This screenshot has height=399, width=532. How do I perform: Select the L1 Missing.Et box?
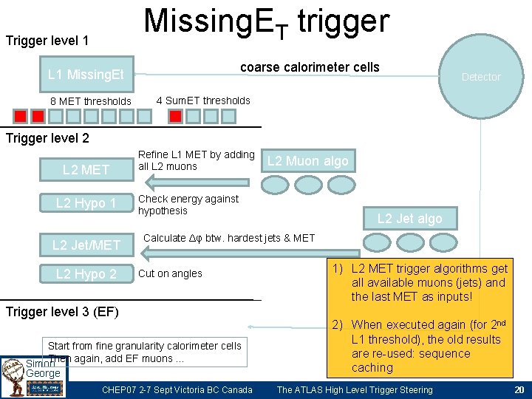86,74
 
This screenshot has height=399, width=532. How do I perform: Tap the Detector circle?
481,76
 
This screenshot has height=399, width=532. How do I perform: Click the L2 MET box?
86,170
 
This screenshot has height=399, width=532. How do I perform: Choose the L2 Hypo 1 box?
86,203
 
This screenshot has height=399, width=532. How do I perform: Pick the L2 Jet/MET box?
86,245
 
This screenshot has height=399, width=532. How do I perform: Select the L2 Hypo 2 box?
86,274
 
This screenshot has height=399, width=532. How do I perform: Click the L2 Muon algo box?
307,161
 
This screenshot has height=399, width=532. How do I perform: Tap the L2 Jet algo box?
409,218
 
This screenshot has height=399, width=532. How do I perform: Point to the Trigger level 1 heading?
47,40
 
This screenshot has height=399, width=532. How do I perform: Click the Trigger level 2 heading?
47,138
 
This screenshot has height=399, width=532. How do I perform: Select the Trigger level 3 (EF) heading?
62,311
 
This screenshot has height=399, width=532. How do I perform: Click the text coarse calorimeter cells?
310,67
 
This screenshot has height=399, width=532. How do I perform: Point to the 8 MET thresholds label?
90,101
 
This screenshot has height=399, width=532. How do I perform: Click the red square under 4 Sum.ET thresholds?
175,116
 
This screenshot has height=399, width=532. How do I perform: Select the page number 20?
518,390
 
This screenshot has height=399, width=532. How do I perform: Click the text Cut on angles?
170,273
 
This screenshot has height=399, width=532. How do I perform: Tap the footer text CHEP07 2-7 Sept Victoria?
177,390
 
